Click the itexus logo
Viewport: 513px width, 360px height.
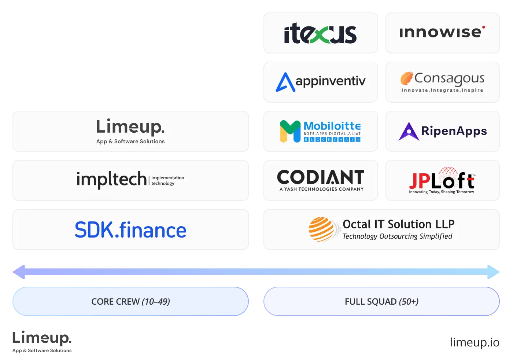pos(320,33)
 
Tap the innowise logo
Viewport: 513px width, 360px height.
pos(442,32)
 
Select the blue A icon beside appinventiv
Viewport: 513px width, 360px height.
pos(285,82)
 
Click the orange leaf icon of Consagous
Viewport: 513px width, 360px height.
pos(407,78)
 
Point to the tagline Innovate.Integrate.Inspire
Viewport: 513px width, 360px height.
pos(442,90)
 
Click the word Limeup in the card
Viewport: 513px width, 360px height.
pos(130,127)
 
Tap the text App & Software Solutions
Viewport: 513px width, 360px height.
pos(130,142)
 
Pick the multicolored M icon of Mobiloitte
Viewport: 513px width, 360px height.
pos(290,131)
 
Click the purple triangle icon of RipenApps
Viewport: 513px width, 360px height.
pos(409,131)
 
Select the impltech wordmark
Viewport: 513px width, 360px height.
pos(112,179)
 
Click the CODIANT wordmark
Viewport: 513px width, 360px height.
pos(321,177)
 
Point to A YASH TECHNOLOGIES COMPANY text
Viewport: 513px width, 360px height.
pos(321,189)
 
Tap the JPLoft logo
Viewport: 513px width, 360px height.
pos(442,180)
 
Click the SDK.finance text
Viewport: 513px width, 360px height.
pos(130,230)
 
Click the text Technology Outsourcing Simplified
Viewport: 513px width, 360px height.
pos(397,236)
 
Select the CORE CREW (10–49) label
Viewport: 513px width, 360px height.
pos(130,302)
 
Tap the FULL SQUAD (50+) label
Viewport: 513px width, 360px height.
pos(381,302)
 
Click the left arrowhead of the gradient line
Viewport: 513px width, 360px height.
pos(19,272)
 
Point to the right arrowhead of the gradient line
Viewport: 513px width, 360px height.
pos(494,272)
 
